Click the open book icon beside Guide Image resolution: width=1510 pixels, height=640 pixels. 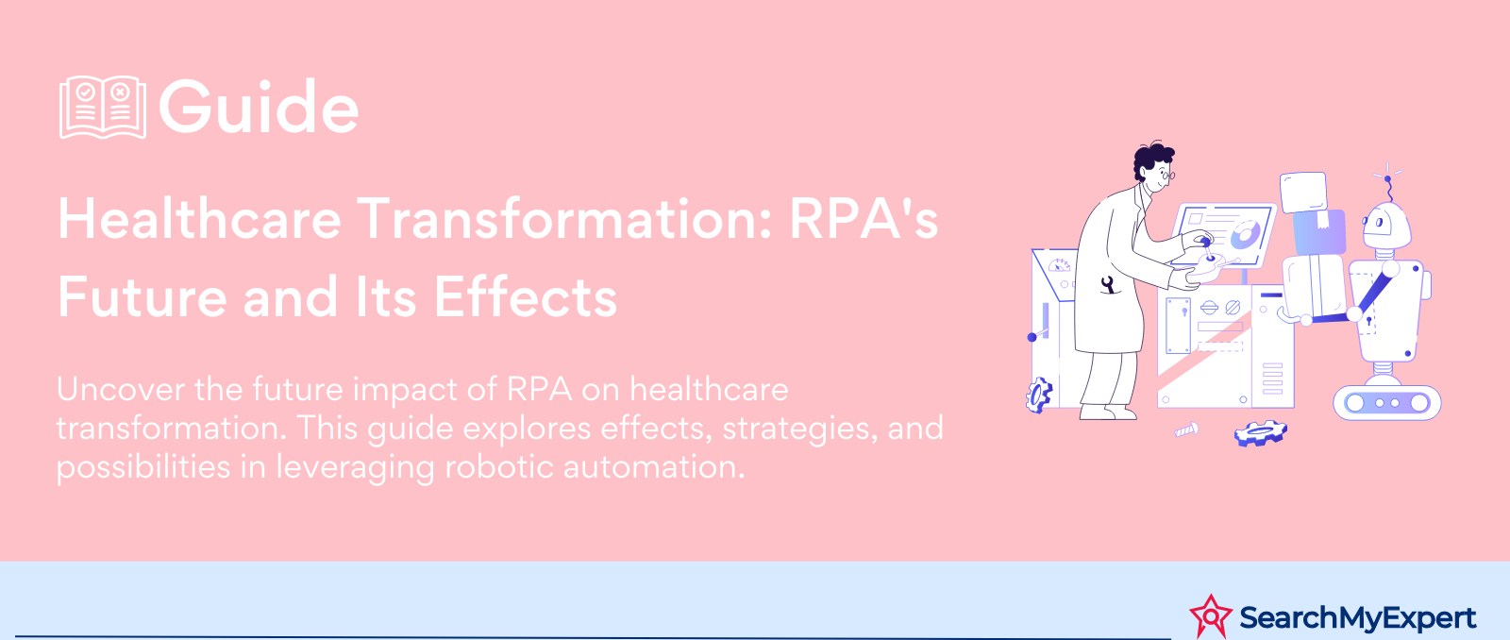pyautogui.click(x=103, y=108)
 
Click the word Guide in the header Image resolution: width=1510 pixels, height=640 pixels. pyautogui.click(x=259, y=107)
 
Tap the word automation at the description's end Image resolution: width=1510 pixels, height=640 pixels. pyautogui.click(x=654, y=466)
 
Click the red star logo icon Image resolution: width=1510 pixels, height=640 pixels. pyautogui.click(x=1211, y=616)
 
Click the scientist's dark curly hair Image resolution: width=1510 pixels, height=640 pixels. pyautogui.click(x=1152, y=160)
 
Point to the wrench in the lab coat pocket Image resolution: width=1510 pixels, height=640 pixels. pyautogui.click(x=1107, y=284)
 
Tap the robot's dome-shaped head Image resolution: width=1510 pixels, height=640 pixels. pyautogui.click(x=1386, y=226)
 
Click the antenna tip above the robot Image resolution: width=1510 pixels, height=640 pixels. pyautogui.click(x=1387, y=178)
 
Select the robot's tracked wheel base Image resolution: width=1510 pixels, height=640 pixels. pyautogui.click(x=1387, y=403)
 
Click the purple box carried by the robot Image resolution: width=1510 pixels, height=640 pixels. pyautogui.click(x=1319, y=232)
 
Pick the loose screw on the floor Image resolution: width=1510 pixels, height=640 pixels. pyautogui.click(x=1186, y=429)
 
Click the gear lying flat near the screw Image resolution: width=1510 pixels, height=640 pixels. pyautogui.click(x=1260, y=432)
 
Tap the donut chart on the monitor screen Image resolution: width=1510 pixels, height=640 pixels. pyautogui.click(x=1245, y=234)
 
